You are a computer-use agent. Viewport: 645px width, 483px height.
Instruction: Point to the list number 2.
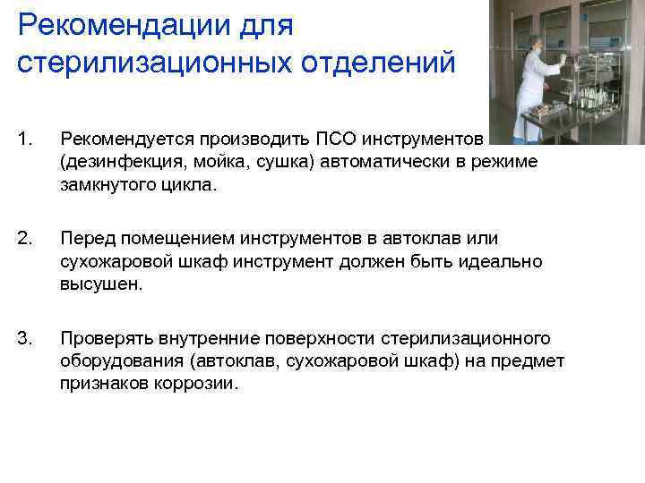click(24, 238)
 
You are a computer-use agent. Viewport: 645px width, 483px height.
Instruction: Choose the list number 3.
click(24, 337)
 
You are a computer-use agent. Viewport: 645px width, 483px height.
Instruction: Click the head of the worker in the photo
click(536, 41)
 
